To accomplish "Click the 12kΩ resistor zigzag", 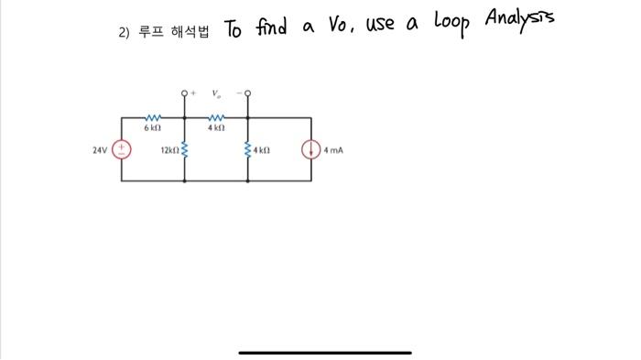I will [186, 149].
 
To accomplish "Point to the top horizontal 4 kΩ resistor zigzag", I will [217, 116].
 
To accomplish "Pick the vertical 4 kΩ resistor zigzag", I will [249, 149].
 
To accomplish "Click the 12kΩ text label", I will [169, 149].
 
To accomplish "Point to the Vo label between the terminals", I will [216, 93].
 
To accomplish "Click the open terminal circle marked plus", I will [186, 93].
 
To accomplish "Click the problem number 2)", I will [125, 32].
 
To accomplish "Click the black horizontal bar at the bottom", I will [325, 352].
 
